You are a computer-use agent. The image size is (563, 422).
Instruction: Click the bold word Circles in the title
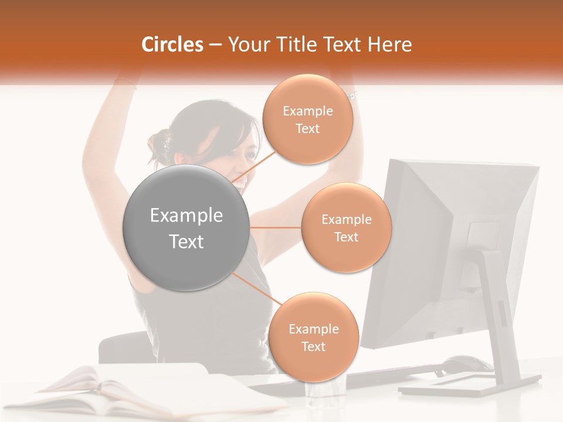172,45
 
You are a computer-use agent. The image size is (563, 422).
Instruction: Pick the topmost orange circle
307,120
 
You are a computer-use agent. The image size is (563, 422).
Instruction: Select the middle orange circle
346,228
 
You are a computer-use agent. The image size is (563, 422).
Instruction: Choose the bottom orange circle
313,338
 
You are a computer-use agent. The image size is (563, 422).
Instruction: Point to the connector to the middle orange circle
276,227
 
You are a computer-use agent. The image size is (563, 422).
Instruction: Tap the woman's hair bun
158,144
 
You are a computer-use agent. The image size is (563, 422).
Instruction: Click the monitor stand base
469,387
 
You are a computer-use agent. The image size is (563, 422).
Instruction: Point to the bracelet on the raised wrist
352,94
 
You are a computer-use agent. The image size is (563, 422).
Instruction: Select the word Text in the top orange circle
307,129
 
